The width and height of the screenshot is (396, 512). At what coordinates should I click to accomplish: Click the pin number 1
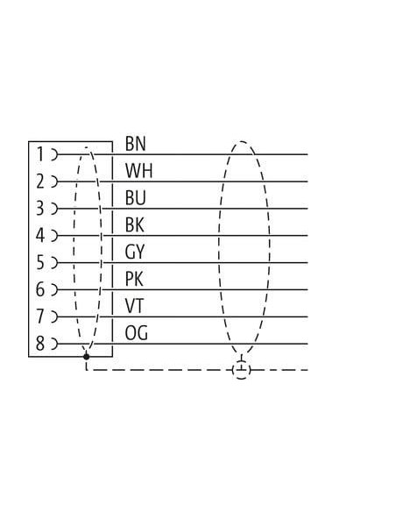[40, 154]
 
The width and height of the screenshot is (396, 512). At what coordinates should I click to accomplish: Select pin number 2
[39, 181]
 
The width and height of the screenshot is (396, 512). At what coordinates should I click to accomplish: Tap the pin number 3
[39, 209]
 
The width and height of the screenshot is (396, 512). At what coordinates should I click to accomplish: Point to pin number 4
[39, 236]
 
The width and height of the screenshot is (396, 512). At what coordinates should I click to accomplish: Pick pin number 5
[39, 262]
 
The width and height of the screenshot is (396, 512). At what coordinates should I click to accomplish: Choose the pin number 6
[39, 289]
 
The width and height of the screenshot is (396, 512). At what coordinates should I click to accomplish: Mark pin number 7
[39, 316]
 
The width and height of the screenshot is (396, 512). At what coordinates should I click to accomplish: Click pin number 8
[39, 344]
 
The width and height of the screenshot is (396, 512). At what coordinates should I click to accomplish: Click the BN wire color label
[135, 144]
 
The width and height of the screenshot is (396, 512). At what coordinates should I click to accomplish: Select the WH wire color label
[138, 171]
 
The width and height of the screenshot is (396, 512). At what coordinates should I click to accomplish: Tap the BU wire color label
[135, 198]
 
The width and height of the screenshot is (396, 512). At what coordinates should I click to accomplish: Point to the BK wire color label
[134, 225]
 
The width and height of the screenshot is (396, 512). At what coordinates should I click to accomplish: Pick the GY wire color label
[134, 252]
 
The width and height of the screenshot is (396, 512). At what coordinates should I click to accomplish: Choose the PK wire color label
[134, 279]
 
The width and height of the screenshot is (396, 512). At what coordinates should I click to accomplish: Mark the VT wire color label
[134, 306]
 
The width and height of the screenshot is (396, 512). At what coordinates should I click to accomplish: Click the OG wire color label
[137, 333]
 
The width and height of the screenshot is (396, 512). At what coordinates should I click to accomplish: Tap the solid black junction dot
[86, 356]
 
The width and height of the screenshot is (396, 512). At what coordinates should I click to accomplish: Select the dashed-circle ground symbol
[242, 370]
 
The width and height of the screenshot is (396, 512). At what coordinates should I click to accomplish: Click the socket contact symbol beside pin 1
[54, 154]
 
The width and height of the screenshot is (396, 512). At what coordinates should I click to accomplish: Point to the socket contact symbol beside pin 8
[54, 344]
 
